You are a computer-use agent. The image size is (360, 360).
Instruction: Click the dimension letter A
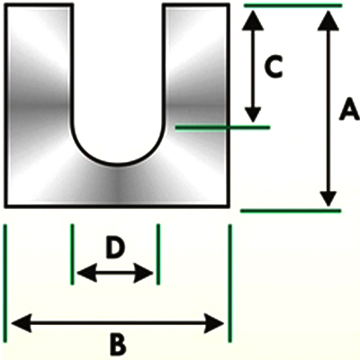tap(349, 110)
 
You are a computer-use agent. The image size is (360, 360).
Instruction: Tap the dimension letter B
tap(118, 345)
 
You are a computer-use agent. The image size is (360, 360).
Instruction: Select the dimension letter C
tap(274, 67)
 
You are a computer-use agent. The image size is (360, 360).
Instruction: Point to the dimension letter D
tap(115, 248)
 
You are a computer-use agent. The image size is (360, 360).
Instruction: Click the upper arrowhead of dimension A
tap(328, 21)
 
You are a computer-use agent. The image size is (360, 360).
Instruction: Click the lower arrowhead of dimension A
tap(328, 197)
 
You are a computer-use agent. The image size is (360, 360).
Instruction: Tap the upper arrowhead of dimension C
tap(253, 21)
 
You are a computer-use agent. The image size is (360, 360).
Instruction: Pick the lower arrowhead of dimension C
tap(253, 113)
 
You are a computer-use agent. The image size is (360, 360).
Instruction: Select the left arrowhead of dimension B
tap(22, 323)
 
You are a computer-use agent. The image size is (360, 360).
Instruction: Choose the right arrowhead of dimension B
tap(214, 323)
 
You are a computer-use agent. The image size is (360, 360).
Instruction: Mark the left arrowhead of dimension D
tap(87, 273)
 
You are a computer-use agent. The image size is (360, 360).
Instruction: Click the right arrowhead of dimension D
tap(143, 273)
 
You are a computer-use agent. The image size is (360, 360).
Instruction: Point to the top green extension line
tap(292, 5)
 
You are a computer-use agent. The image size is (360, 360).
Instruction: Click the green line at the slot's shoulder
tap(222, 128)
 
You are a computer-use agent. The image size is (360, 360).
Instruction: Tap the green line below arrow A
tap(291, 211)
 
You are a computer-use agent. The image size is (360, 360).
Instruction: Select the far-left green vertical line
tap(5, 283)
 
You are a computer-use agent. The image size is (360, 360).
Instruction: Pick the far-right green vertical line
tap(229, 283)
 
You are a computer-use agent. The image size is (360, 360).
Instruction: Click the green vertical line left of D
tap(72, 254)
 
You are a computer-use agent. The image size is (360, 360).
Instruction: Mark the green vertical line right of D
tap(158, 254)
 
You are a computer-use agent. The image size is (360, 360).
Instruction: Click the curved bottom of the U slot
tap(118, 165)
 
